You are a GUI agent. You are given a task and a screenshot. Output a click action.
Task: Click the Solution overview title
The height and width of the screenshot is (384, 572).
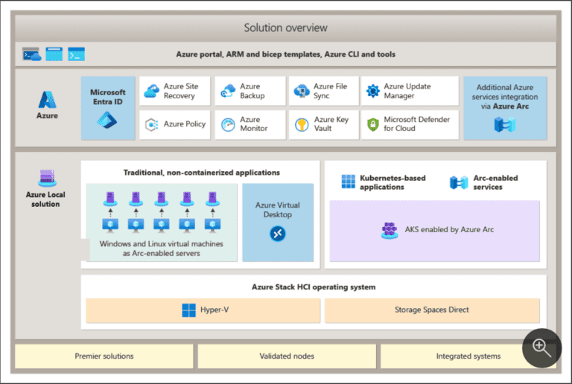click(x=285, y=28)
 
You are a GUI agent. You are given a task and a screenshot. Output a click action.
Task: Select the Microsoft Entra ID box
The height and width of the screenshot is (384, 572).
click(x=108, y=108)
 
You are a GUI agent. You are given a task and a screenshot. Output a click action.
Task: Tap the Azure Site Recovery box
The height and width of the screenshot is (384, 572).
click(x=174, y=92)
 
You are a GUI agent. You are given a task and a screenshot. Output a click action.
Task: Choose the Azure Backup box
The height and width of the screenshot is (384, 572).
click(x=250, y=92)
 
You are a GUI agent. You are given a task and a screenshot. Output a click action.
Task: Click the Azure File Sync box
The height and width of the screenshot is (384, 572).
click(x=323, y=92)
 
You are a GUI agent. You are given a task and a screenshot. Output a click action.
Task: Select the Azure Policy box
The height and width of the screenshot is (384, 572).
click(x=174, y=124)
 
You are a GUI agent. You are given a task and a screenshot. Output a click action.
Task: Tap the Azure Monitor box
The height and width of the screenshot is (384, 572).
click(x=250, y=124)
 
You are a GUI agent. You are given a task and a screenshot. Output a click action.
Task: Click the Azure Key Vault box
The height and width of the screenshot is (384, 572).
click(x=323, y=124)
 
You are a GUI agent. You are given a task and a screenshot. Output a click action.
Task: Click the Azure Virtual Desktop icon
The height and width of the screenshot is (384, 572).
click(x=278, y=234)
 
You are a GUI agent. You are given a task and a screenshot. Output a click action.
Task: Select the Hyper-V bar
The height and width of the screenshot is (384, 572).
click(x=203, y=310)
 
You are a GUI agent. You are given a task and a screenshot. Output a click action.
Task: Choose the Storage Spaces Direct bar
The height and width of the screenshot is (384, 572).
click(x=432, y=310)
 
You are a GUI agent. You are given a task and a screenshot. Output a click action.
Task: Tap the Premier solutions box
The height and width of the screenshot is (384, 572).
click(x=104, y=356)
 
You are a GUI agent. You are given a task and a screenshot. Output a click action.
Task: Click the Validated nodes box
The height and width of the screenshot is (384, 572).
click(x=287, y=356)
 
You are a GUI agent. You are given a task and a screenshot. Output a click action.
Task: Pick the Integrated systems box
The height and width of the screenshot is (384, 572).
click(x=458, y=356)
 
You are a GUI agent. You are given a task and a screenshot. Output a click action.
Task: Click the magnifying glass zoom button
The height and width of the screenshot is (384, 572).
click(x=541, y=348)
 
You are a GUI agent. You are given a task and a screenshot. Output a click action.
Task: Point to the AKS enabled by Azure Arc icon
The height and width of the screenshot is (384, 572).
click(x=389, y=230)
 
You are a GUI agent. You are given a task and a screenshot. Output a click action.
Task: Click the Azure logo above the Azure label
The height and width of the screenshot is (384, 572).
click(x=48, y=100)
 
